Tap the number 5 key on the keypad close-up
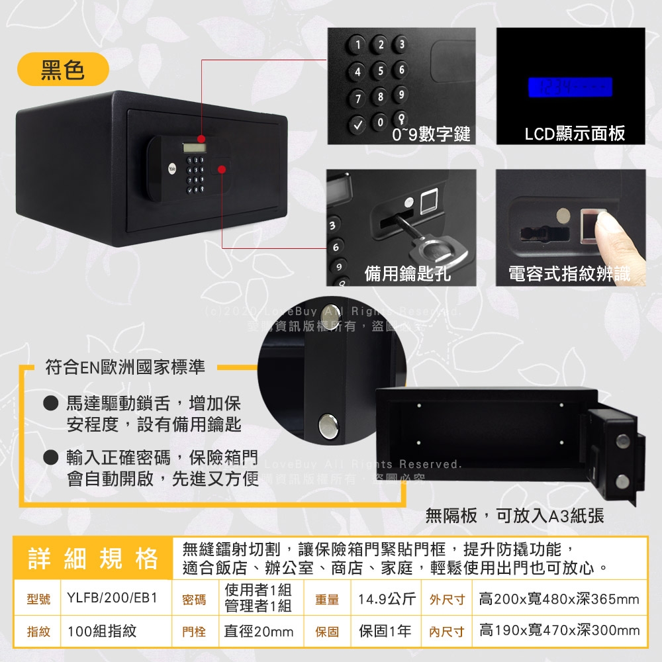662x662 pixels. coord(379,70)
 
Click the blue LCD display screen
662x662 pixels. coord(569,87)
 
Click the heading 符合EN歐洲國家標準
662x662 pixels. coord(125,367)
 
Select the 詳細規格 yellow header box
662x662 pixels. coord(93,558)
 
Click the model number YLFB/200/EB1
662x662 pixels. coord(112,599)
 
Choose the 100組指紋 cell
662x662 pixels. coord(102,631)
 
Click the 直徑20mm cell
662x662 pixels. coord(258,632)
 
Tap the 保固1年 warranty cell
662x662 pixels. coord(385,631)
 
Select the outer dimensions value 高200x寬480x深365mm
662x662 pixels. coord(559,599)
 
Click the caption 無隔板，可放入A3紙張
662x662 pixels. coord(514,516)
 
